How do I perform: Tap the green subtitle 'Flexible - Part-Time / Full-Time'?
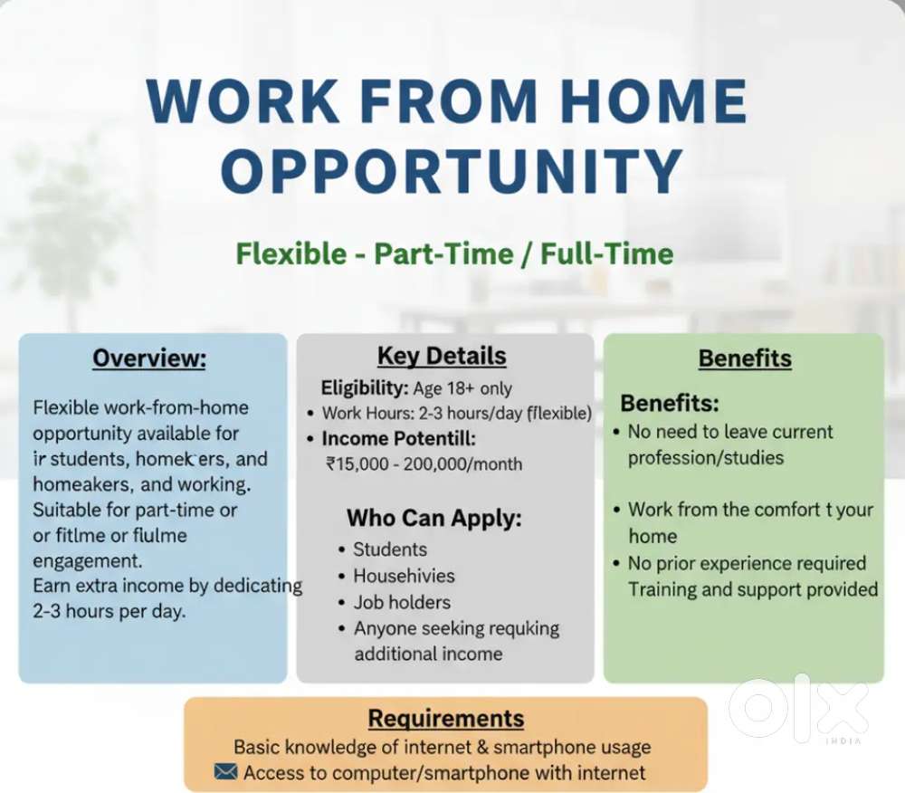click(x=454, y=253)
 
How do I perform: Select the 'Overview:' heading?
click(x=149, y=358)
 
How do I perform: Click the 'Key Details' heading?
click(x=442, y=356)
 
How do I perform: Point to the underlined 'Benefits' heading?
click(x=745, y=358)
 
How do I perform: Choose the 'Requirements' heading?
click(x=445, y=719)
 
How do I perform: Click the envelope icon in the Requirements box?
click(x=226, y=772)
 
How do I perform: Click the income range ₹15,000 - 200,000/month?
click(x=424, y=463)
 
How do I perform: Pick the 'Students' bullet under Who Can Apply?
click(x=390, y=549)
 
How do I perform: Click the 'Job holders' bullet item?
click(x=402, y=602)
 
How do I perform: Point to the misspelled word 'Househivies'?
click(x=404, y=576)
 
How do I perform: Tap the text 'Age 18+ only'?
click(x=463, y=388)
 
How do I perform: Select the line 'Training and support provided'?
click(x=753, y=589)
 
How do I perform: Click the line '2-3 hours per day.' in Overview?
click(x=109, y=611)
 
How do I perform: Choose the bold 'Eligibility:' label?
click(x=365, y=388)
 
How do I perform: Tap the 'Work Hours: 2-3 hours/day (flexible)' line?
click(x=457, y=414)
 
